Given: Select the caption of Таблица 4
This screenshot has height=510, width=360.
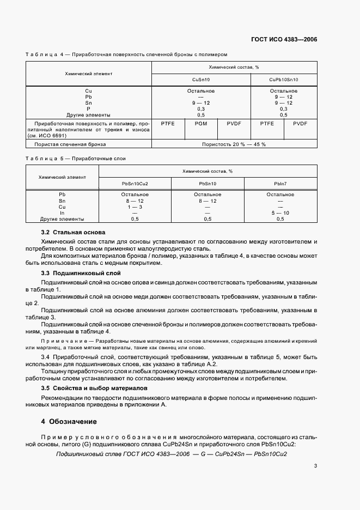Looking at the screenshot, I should tap(126, 54).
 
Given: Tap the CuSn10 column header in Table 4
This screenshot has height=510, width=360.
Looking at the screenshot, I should tap(201, 79).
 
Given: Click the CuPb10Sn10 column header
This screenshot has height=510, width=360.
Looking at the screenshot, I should tap(284, 79).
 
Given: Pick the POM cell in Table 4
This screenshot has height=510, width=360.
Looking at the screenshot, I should tap(201, 124).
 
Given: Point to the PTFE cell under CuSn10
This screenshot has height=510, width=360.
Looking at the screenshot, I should tap(167, 124).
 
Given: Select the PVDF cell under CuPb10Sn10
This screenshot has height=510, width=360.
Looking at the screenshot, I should tap(300, 124).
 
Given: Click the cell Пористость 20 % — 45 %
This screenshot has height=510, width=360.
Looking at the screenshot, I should tap(234, 144).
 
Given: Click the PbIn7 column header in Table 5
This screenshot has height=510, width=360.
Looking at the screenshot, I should tap(280, 184).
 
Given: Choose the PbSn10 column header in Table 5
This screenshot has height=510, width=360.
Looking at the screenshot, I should tap(208, 184).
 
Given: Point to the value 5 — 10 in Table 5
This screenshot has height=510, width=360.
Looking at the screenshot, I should tap(280, 212).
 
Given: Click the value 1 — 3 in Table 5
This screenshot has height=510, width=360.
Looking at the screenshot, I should tap(135, 207).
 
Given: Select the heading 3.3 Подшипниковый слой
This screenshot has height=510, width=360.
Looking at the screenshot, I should tap(81, 272).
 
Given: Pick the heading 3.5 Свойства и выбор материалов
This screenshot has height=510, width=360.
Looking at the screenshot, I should tap(94, 388).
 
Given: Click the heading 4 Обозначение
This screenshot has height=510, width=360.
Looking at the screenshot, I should tap(69, 421).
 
